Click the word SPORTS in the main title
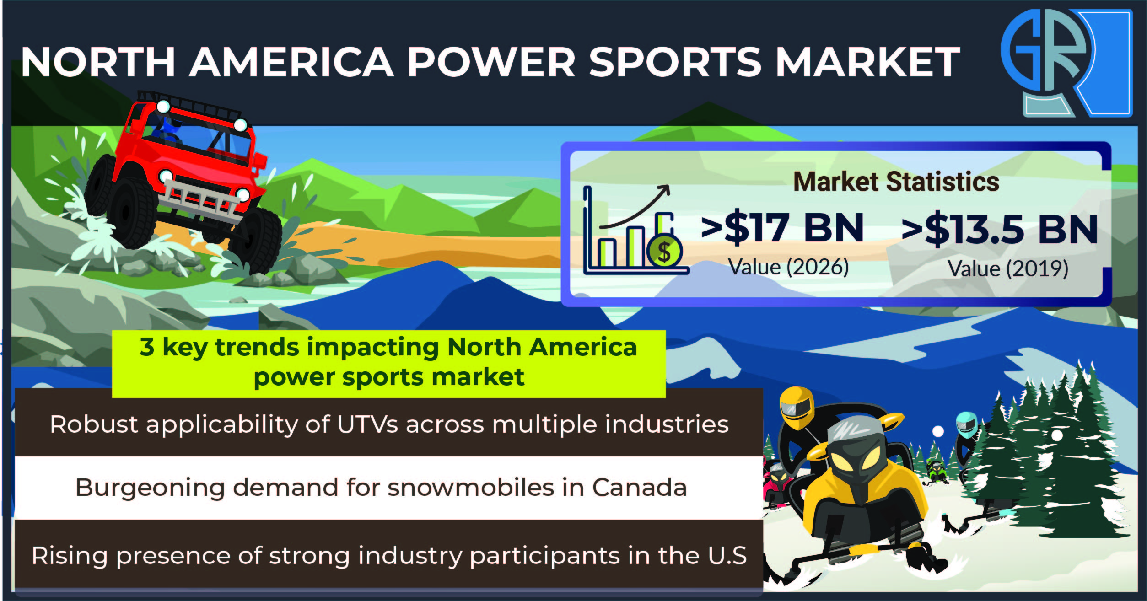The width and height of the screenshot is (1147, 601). click(675, 62)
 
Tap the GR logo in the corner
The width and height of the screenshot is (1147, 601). click(1066, 63)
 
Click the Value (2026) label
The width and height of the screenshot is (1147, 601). click(788, 267)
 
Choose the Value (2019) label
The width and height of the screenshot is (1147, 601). click(1008, 268)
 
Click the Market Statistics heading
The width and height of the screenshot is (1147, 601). click(896, 182)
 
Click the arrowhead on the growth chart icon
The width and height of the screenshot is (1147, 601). click(664, 190)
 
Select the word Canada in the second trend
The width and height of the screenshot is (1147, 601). click(640, 487)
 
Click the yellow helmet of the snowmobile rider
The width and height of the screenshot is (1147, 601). click(797, 407)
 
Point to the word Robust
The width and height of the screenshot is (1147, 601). click(94, 424)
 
